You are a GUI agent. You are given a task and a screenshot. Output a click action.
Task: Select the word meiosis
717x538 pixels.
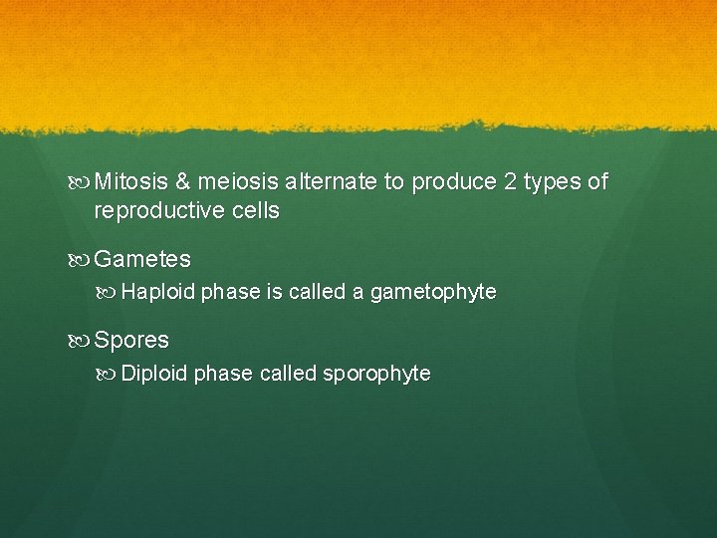pos(238,182)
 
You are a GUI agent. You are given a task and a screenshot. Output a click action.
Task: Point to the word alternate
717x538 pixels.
pos(329,182)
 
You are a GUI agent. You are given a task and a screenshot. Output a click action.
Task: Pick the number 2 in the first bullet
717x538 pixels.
pos(508,182)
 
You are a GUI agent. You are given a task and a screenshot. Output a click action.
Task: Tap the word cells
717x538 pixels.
pos(253,211)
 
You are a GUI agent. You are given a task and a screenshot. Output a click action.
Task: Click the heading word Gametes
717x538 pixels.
pos(142,260)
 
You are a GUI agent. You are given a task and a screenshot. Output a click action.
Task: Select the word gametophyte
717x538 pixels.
pos(433,293)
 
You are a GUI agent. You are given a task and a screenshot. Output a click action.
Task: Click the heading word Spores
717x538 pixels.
pos(131,341)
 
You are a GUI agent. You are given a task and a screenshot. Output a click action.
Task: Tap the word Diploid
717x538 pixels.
pos(154,374)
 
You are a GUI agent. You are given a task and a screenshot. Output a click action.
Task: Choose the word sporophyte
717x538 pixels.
pos(376,375)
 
